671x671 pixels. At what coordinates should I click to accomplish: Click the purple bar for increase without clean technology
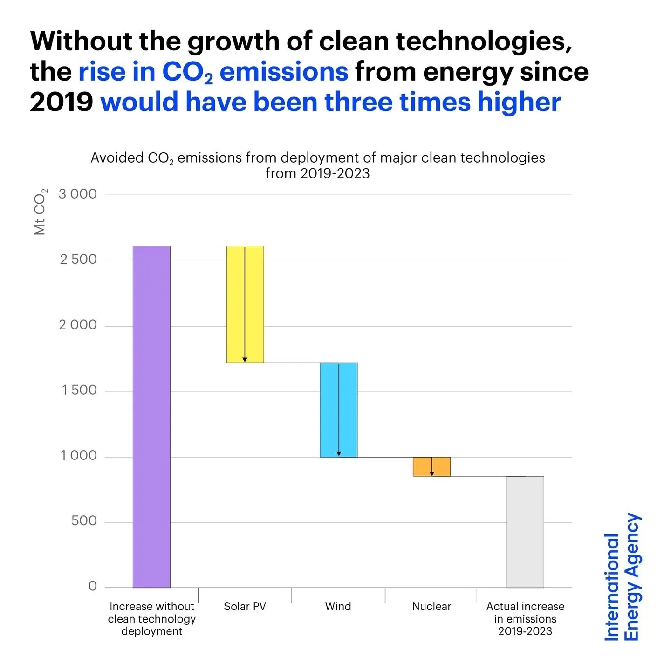(x=151, y=417)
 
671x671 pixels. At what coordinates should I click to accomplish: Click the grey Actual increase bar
(x=525, y=532)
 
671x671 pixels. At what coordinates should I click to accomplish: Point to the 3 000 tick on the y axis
(x=78, y=194)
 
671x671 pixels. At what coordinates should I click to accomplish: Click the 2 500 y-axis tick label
(x=78, y=259)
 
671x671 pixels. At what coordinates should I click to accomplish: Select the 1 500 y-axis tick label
(x=79, y=390)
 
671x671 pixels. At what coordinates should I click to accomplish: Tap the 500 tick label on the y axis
(x=84, y=520)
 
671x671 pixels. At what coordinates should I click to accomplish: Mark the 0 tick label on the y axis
(x=93, y=586)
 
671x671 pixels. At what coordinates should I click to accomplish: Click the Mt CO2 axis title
(x=40, y=212)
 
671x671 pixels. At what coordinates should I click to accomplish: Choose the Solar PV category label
(x=245, y=606)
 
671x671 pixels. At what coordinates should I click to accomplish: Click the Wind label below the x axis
(x=338, y=606)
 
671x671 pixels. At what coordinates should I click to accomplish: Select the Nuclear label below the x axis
(x=431, y=606)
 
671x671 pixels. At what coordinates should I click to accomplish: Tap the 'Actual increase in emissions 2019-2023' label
(x=525, y=619)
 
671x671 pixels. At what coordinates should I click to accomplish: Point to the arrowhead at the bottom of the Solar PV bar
(x=245, y=359)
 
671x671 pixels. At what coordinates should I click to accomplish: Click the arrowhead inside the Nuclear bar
(x=432, y=473)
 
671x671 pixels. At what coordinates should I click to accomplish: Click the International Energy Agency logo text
(x=623, y=578)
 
